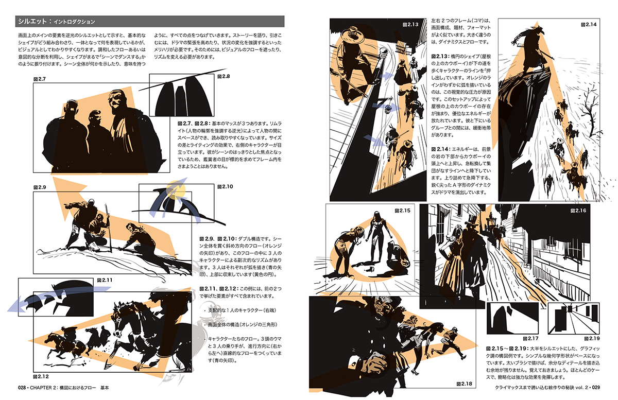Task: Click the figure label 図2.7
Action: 40,79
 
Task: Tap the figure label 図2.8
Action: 224,76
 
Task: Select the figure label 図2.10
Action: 225,187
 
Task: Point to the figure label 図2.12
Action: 41,376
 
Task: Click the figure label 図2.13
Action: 410,25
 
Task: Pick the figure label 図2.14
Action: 589,25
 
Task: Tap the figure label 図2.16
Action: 578,211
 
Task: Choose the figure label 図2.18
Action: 465,384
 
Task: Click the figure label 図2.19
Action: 592,339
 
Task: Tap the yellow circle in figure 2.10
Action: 176,189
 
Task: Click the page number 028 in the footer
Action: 22,388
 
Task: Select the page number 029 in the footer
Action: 596,387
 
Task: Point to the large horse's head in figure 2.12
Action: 120,320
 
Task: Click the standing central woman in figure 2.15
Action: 377,237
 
